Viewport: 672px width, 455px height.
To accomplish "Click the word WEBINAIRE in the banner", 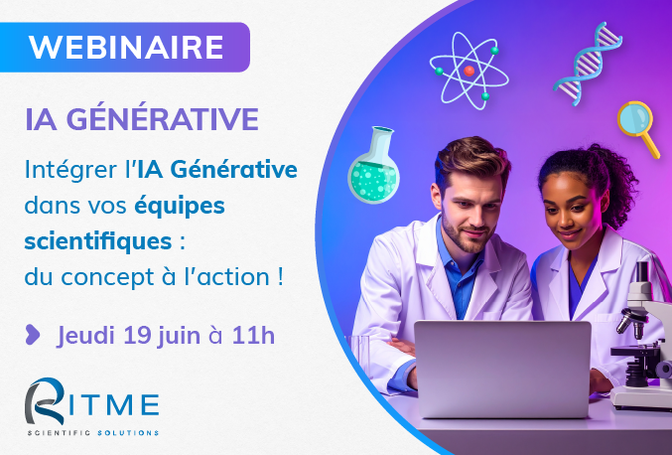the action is (126, 47).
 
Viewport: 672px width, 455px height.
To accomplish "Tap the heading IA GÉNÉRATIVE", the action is (142, 119).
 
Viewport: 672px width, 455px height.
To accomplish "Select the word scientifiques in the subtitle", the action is (98, 241).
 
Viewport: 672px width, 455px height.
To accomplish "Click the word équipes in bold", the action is (180, 207).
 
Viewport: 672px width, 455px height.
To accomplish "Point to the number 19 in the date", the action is (137, 335).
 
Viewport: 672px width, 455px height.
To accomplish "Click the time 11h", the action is (253, 335).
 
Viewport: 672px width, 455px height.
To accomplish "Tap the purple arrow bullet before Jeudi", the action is (33, 335).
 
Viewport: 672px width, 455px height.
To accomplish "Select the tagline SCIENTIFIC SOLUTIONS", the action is (93, 433).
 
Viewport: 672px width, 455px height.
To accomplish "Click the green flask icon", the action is (374, 166).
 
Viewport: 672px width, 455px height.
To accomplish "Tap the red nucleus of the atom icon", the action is (470, 71).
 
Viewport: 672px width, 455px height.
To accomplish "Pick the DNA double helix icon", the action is (588, 63).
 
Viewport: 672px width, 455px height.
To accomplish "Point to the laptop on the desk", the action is (502, 369).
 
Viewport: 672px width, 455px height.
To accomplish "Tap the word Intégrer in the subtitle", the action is (70, 170).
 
